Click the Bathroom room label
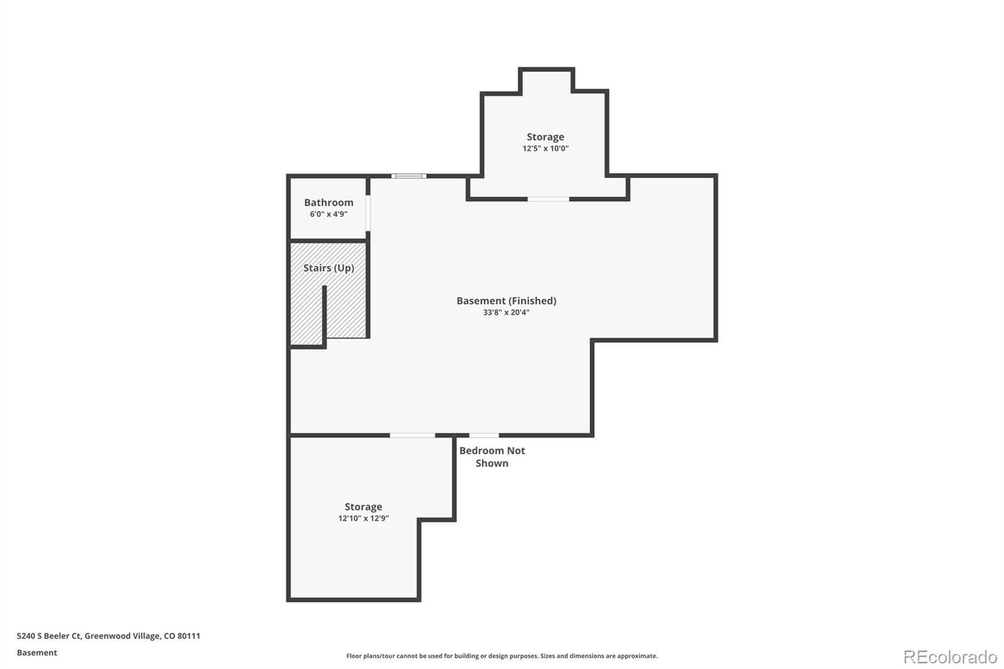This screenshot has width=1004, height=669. pos(329,203)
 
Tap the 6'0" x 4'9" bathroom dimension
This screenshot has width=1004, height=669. pos(329,215)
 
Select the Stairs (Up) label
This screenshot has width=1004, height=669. pos(329,268)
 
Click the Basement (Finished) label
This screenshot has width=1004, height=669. pos(506,301)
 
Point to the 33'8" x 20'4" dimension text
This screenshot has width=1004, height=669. pos(506,313)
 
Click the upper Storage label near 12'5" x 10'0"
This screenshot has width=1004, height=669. pos(545,137)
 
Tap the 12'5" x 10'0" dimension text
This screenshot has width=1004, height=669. pos(545,148)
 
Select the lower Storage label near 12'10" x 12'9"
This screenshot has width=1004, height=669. pos(363,506)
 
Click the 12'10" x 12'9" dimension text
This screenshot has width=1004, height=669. pos(363,518)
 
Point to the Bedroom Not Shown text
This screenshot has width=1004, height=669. pos(492,457)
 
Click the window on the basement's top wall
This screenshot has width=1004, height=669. pos(409,176)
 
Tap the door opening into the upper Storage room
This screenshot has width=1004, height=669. pos(548,199)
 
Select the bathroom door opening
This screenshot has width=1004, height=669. pos(368,213)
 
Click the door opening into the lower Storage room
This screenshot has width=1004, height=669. pos(412,436)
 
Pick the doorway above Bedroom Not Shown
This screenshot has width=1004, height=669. pos(484,436)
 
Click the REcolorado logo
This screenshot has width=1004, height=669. pos(950,657)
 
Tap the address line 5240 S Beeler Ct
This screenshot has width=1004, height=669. pos(109,636)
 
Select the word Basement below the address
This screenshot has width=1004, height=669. pos(37,653)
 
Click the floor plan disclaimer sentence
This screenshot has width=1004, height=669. pos(502,656)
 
